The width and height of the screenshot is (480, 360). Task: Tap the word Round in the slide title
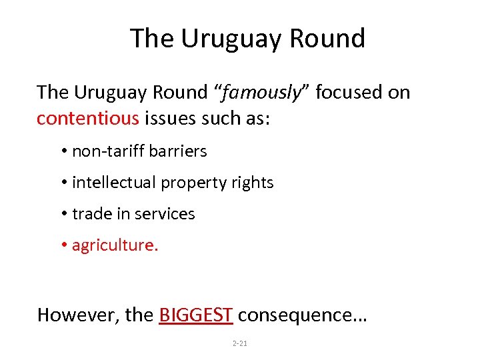coord(327,39)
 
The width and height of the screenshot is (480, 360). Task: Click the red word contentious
coord(88,119)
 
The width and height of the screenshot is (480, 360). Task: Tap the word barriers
coord(178,151)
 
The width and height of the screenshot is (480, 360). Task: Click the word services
coord(165,214)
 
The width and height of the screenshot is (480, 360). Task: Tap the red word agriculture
coord(115,245)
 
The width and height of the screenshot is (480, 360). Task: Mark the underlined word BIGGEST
coord(196,315)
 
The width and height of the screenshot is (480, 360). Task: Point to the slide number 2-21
coord(239,343)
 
